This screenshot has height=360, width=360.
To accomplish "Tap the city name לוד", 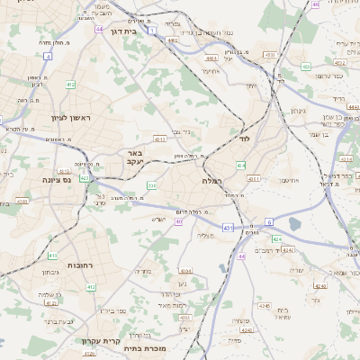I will pyautogui.click(x=244, y=139).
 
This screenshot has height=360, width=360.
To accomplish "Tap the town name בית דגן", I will pyautogui.click(x=123, y=31).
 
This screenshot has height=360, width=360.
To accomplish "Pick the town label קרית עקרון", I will pyautogui.click(x=94, y=341).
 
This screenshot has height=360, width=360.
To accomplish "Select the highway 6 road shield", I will pyautogui.click(x=268, y=220).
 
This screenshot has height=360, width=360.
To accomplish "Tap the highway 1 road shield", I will pyautogui.click(x=152, y=31).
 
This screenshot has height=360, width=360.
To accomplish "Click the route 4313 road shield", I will pyautogui.click(x=159, y=139).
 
